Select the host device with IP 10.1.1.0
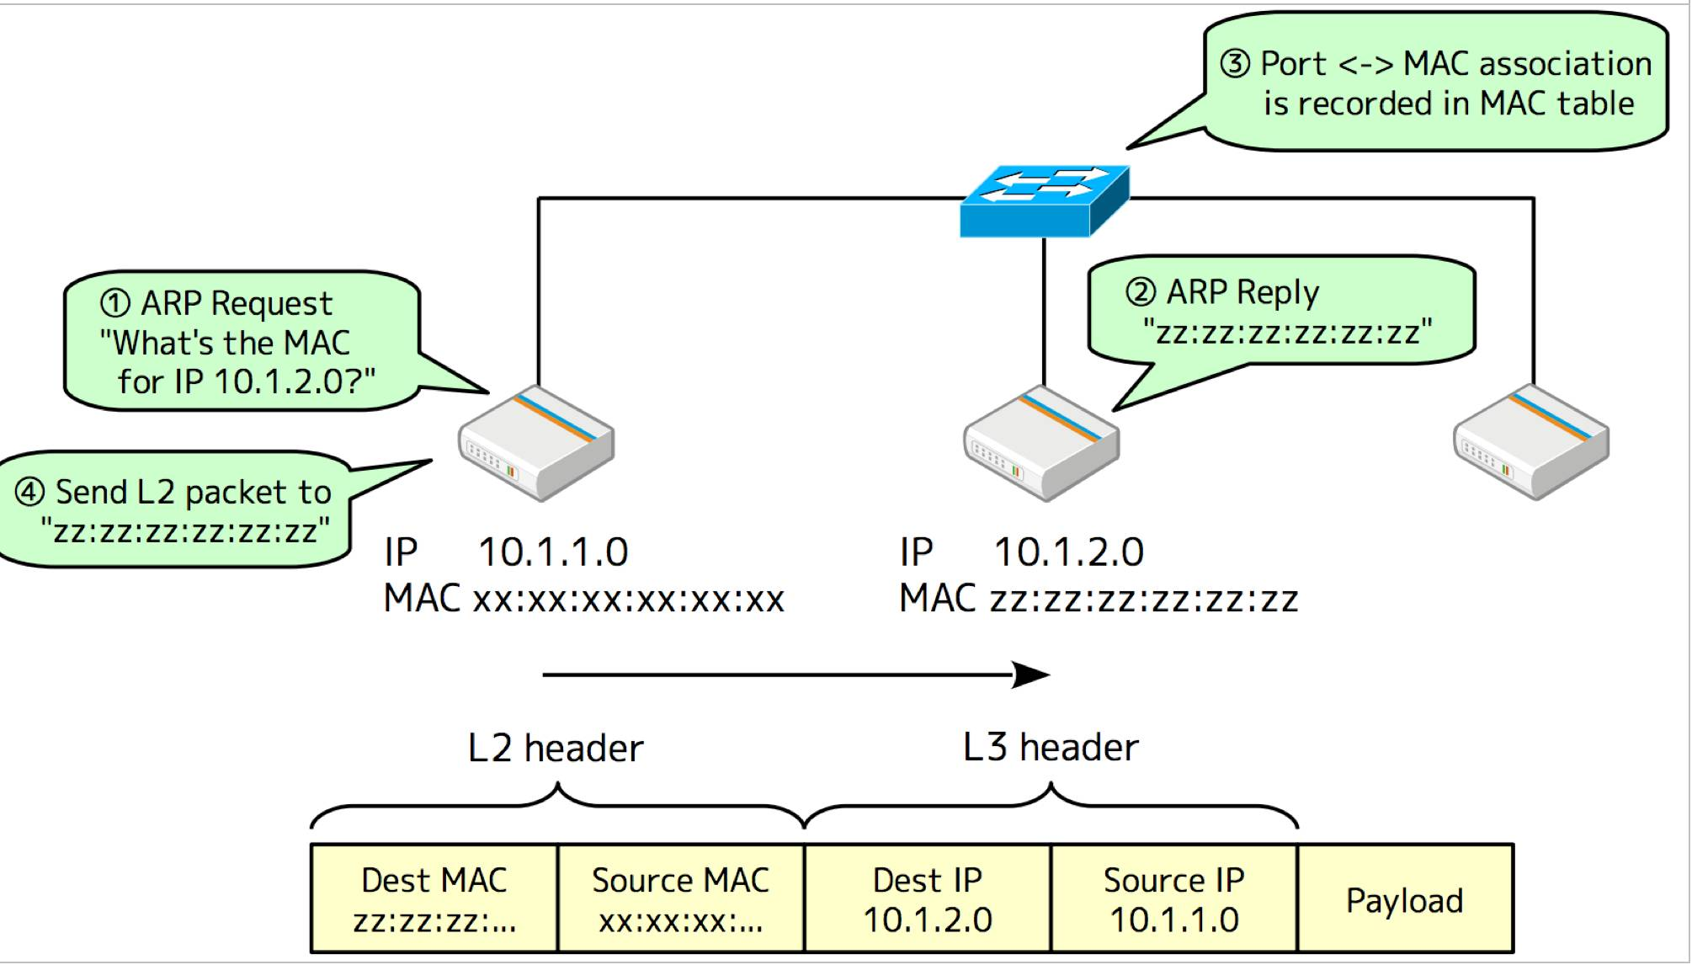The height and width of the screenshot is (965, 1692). tap(536, 443)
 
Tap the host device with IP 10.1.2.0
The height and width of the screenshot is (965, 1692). tap(1041, 443)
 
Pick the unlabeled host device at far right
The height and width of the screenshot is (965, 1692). tap(1531, 443)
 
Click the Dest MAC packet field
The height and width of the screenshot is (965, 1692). tap(434, 899)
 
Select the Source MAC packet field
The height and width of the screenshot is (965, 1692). tap(681, 899)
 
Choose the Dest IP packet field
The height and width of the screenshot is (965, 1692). tap(928, 899)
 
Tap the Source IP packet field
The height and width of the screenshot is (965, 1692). tap(1174, 899)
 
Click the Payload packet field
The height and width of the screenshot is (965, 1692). tap(1405, 899)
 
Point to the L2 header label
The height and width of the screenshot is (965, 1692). tap(556, 748)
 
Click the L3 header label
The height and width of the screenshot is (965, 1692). tap(1051, 747)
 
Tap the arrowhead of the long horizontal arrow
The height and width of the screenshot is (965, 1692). tap(1032, 674)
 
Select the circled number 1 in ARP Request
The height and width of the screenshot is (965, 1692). tap(115, 303)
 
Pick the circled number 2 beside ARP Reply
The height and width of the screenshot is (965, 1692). tap(1141, 292)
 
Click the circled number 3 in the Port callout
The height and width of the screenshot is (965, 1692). tap(1235, 64)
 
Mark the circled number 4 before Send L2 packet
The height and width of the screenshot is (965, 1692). tap(29, 492)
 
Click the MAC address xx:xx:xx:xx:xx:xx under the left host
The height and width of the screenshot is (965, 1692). tap(628, 600)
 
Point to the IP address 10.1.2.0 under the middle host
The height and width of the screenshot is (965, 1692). tap(1069, 552)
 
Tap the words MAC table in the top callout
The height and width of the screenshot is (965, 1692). tap(1556, 104)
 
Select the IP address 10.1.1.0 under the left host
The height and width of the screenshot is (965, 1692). tap(553, 552)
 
